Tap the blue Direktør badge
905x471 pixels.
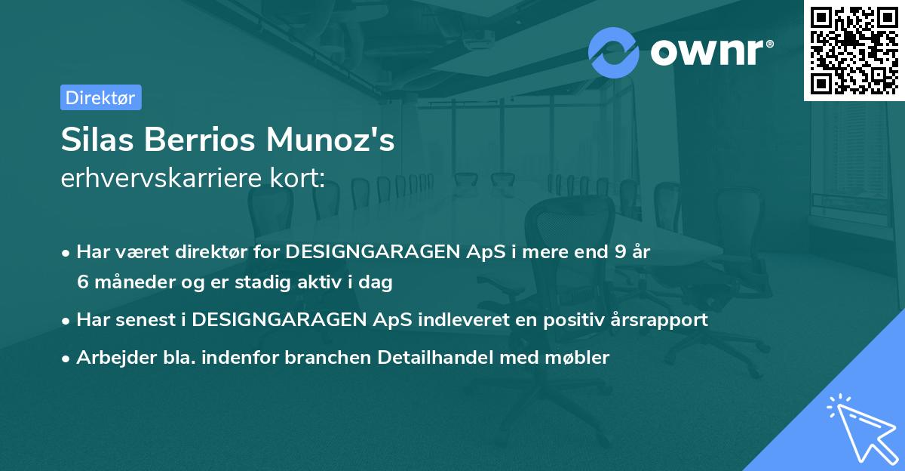tap(100, 97)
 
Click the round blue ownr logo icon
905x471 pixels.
tap(614, 52)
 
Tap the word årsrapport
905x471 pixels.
tap(661, 319)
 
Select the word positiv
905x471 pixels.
tap(557, 319)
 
